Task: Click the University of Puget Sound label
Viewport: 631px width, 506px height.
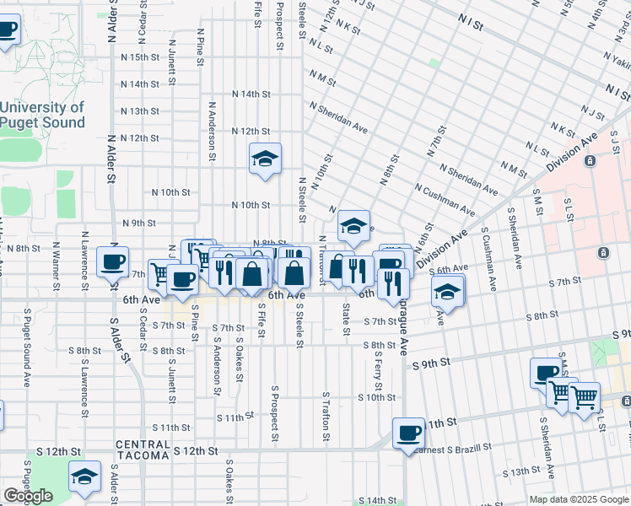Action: [42, 115]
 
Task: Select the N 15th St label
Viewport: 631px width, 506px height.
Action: [139, 57]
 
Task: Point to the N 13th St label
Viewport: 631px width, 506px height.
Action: [139, 111]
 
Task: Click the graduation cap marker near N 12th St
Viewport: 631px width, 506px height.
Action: [265, 159]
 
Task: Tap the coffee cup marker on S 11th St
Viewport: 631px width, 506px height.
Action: [409, 433]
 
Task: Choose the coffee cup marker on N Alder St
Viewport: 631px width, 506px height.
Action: [112, 261]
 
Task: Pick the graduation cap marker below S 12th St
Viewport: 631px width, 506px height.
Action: [84, 476]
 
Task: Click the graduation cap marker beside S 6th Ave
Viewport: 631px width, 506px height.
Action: [448, 292]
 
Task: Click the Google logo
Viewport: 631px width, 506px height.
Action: [28, 496]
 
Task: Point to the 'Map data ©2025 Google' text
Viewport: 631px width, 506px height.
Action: [579, 499]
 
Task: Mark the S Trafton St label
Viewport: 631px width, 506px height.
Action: [325, 416]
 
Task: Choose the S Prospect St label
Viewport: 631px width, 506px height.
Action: [275, 413]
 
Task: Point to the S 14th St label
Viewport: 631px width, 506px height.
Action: [377, 500]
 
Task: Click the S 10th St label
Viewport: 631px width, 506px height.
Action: [376, 397]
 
